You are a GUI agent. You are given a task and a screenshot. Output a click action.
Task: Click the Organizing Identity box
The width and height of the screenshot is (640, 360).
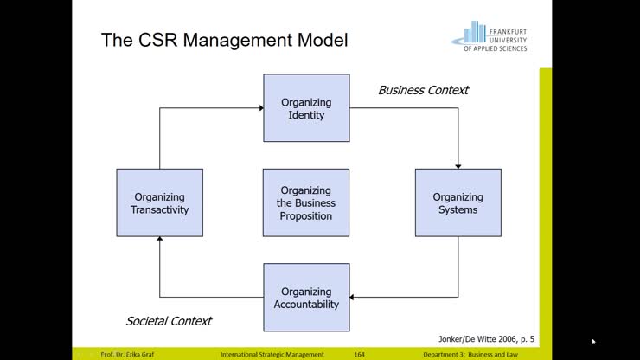click(306, 108)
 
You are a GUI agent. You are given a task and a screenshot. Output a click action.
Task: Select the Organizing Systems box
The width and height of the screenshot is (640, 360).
click(458, 202)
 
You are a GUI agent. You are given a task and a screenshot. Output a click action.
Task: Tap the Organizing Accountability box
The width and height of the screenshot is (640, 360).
click(306, 297)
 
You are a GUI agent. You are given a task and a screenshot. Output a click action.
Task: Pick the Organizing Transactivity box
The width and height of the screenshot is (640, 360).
click(159, 202)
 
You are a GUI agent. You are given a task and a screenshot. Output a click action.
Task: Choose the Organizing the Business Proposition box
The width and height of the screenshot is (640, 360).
click(306, 202)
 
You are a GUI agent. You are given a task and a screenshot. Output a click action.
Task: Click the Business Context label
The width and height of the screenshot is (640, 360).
click(423, 90)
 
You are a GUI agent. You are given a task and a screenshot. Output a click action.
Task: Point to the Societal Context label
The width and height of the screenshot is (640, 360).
click(169, 321)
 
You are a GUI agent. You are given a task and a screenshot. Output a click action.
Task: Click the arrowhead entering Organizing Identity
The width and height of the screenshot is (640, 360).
click(259, 108)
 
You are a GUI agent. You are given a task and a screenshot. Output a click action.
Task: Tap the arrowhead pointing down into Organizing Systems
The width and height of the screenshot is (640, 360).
click(458, 165)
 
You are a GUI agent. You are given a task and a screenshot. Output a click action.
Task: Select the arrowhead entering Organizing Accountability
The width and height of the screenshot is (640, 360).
click(353, 297)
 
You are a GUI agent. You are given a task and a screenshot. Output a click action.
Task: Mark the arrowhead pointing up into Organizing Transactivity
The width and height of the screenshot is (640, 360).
click(159, 241)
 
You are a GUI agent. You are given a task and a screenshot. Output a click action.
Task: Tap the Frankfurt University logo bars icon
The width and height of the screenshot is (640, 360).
click(474, 34)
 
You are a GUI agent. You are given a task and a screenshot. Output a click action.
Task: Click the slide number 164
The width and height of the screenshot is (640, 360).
click(359, 355)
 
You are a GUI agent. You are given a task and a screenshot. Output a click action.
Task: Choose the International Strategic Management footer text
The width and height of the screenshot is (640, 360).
click(272, 355)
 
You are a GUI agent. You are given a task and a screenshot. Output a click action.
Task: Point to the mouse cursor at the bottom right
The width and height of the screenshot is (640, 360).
click(593, 341)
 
